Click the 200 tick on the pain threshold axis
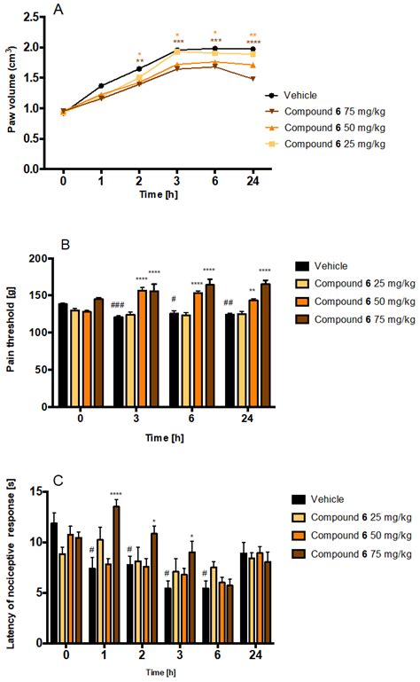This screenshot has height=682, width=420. pyautogui.click(x=35, y=259)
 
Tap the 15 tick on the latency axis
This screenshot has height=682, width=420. pyautogui.click(x=36, y=490)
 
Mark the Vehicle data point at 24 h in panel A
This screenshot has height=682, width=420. pyautogui.click(x=253, y=50)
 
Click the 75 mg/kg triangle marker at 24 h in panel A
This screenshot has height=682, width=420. pyautogui.click(x=253, y=78)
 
